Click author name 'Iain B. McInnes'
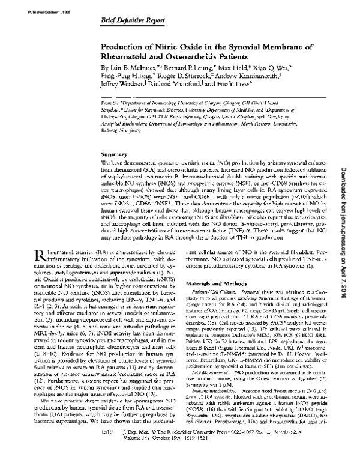(x=130, y=68)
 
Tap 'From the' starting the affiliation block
(x=110, y=103)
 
